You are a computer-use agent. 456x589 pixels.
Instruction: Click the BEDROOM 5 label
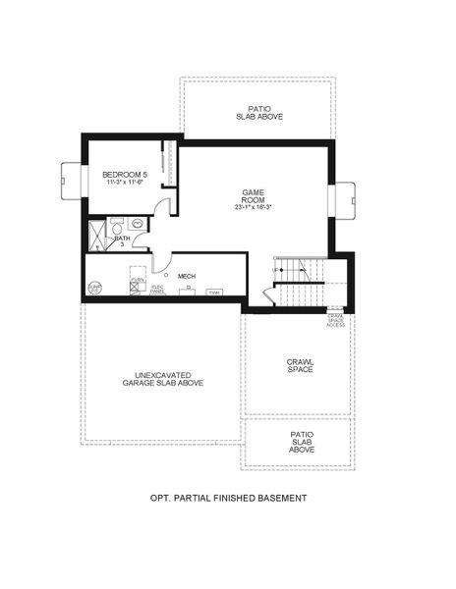point(124,175)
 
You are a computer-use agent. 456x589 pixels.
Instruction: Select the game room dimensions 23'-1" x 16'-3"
point(254,207)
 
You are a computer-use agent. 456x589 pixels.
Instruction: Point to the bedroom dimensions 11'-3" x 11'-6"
point(124,184)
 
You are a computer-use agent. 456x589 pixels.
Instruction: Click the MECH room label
point(187,277)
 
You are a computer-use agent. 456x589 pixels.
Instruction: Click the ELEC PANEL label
point(157,289)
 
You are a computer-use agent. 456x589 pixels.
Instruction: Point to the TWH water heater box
point(213,293)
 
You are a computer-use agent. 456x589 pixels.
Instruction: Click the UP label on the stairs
point(276,268)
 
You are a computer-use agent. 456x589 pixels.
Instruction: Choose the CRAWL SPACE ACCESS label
point(335,319)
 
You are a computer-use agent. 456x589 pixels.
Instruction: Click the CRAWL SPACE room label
point(300,365)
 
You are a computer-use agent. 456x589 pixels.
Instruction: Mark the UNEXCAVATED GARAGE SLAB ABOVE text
point(163,378)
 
